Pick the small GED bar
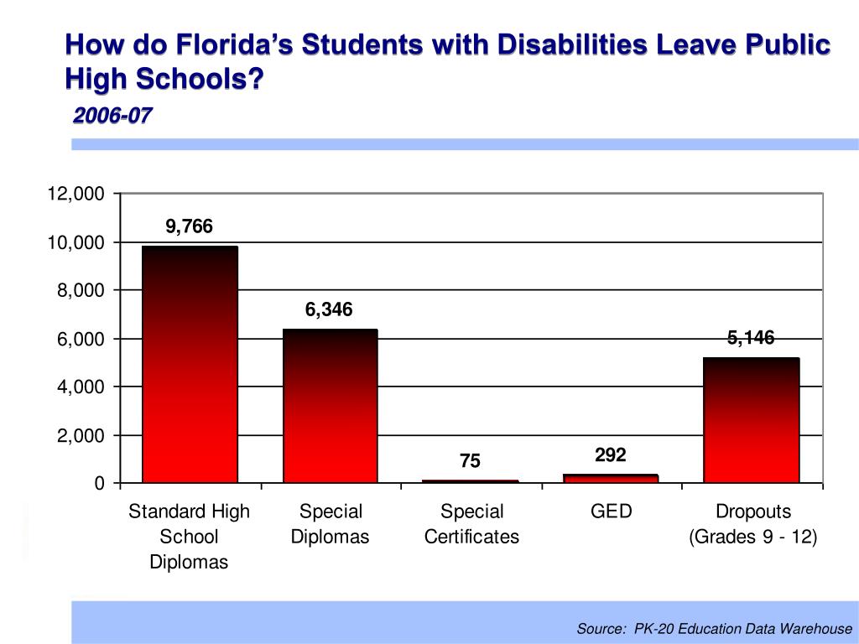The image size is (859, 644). (x=611, y=479)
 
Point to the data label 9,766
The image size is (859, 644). (x=190, y=226)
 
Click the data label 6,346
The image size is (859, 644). (x=329, y=310)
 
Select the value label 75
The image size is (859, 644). (x=470, y=461)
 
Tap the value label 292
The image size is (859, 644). (x=611, y=455)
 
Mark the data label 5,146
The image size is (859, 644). (x=751, y=338)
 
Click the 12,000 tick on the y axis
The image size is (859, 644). (x=76, y=195)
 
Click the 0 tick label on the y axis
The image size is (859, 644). (x=99, y=484)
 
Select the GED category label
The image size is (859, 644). (x=611, y=512)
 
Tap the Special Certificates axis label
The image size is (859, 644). (x=471, y=524)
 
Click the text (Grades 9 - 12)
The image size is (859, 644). (x=752, y=537)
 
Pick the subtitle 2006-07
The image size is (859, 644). (x=112, y=116)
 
